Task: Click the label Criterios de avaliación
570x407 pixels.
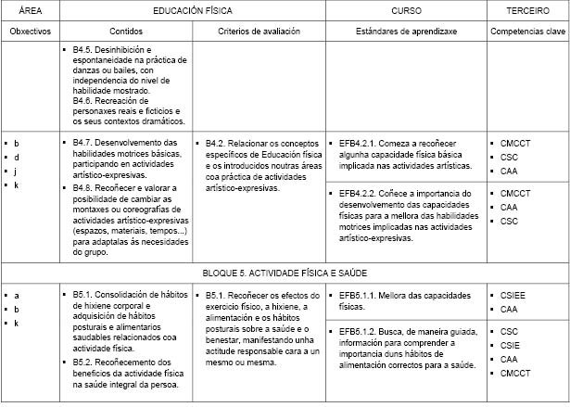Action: pyautogui.click(x=258, y=32)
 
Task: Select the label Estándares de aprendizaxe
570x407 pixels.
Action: pyautogui.click(x=405, y=32)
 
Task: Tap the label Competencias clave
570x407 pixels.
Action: pyautogui.click(x=527, y=32)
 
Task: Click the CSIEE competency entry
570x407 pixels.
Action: pyautogui.click(x=513, y=295)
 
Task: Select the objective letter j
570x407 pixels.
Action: pyautogui.click(x=17, y=172)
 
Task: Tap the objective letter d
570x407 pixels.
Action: pyautogui.click(x=17, y=158)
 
